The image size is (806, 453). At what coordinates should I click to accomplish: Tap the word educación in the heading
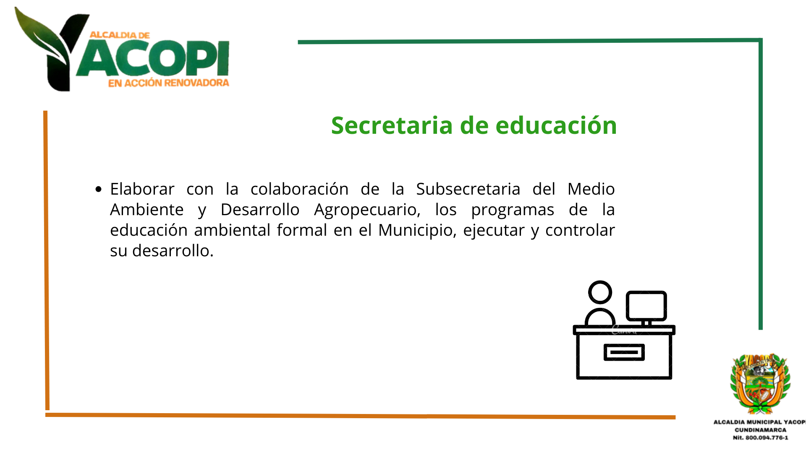point(556,125)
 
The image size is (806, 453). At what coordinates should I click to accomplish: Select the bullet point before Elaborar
point(99,189)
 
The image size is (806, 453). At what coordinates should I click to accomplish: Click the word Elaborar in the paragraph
point(142,189)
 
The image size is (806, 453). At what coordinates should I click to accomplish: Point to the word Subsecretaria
point(468,189)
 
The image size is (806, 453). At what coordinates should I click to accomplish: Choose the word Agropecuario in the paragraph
point(367,210)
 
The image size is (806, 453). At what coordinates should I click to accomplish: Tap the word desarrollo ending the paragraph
point(173,251)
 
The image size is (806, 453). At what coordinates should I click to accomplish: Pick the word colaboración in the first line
point(299,189)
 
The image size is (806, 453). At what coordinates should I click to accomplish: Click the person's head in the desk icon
point(600,292)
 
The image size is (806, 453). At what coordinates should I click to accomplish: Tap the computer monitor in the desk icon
point(646,306)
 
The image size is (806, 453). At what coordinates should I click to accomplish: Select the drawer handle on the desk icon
point(624,352)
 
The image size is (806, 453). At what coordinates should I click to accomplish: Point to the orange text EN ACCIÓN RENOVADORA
point(169,83)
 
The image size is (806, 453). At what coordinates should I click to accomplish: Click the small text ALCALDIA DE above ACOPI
point(120,35)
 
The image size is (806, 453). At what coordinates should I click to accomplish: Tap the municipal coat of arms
point(760,383)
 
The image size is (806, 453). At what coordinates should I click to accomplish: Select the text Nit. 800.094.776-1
point(760,437)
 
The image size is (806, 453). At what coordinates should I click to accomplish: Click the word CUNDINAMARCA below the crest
point(760,430)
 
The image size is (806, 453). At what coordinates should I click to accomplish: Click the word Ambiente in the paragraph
point(147,210)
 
